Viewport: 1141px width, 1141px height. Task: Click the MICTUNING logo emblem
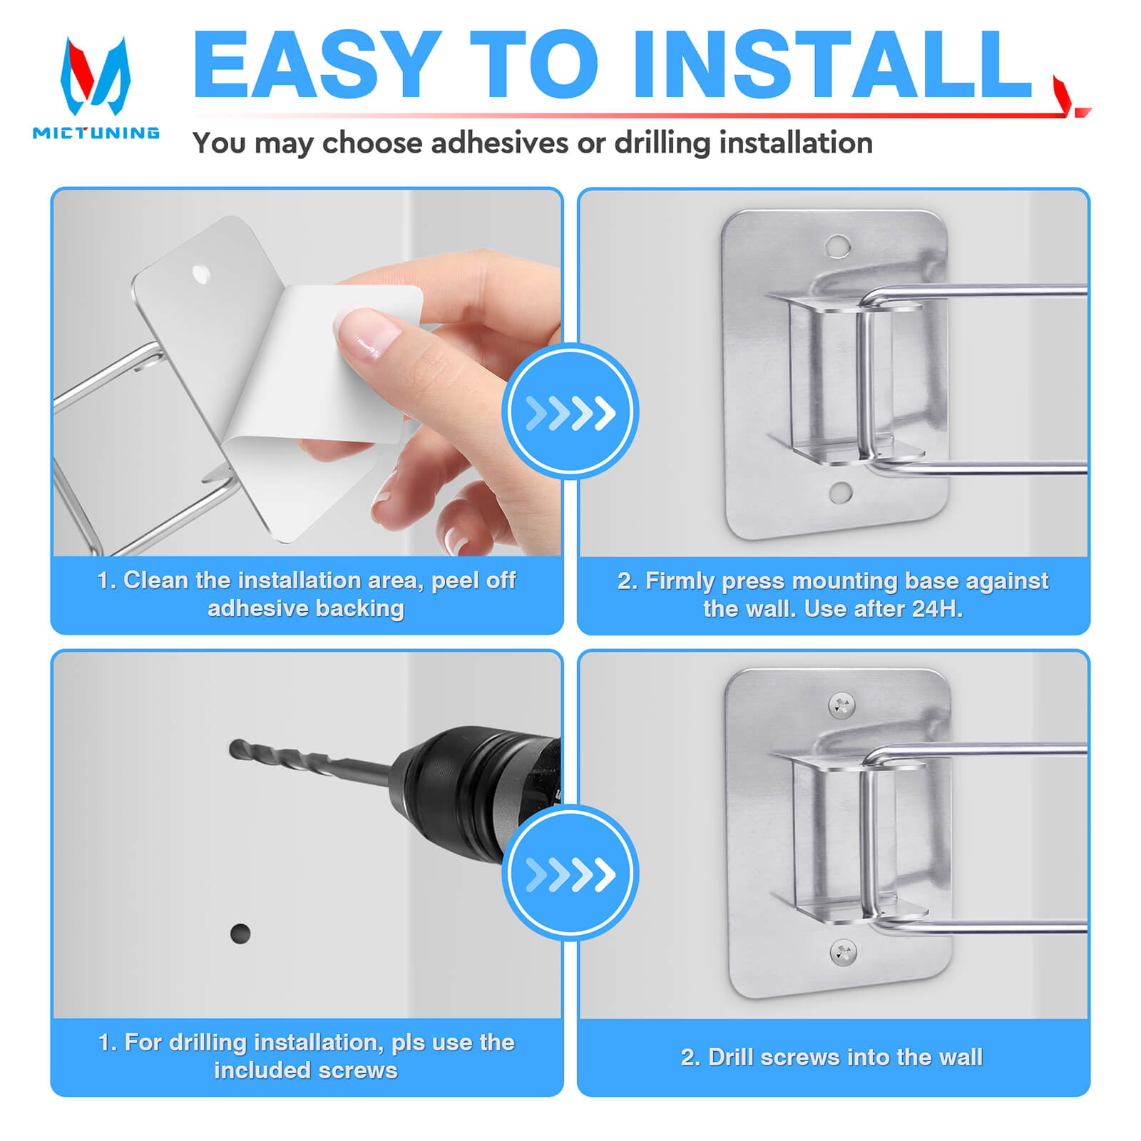pos(96,76)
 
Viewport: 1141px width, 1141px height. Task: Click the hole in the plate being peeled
pos(201,274)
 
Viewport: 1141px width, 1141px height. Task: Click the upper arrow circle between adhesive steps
pos(570,411)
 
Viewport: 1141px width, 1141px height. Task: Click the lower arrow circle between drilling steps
pos(570,873)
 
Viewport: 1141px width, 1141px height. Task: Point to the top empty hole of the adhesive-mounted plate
pos(838,247)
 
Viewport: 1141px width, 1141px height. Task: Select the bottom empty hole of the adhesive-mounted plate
pos(841,492)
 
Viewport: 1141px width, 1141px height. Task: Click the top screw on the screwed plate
pos(841,706)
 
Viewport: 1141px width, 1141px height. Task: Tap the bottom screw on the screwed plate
pos(844,951)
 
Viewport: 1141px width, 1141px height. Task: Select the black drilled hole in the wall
pos(240,933)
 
